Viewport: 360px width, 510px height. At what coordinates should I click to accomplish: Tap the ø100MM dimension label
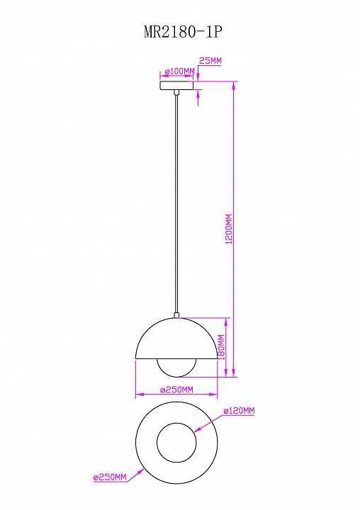[179, 72]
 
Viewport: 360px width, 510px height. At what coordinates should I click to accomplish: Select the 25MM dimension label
[210, 62]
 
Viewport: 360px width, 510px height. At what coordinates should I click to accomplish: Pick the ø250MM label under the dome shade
[176, 389]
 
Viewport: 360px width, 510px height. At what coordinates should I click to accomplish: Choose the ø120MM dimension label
[239, 412]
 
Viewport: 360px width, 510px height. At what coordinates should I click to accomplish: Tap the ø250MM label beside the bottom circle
[110, 478]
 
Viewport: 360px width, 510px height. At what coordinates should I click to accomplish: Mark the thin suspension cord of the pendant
[176, 205]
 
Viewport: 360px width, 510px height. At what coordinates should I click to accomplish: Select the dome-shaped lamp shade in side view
[176, 340]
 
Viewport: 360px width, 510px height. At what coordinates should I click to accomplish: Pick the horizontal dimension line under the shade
[176, 395]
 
